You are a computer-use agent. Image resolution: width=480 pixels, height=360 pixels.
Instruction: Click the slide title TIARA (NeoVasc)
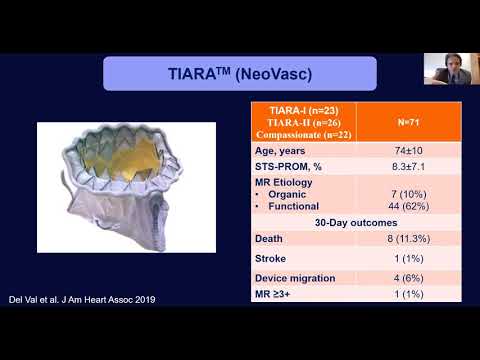[x=239, y=73]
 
